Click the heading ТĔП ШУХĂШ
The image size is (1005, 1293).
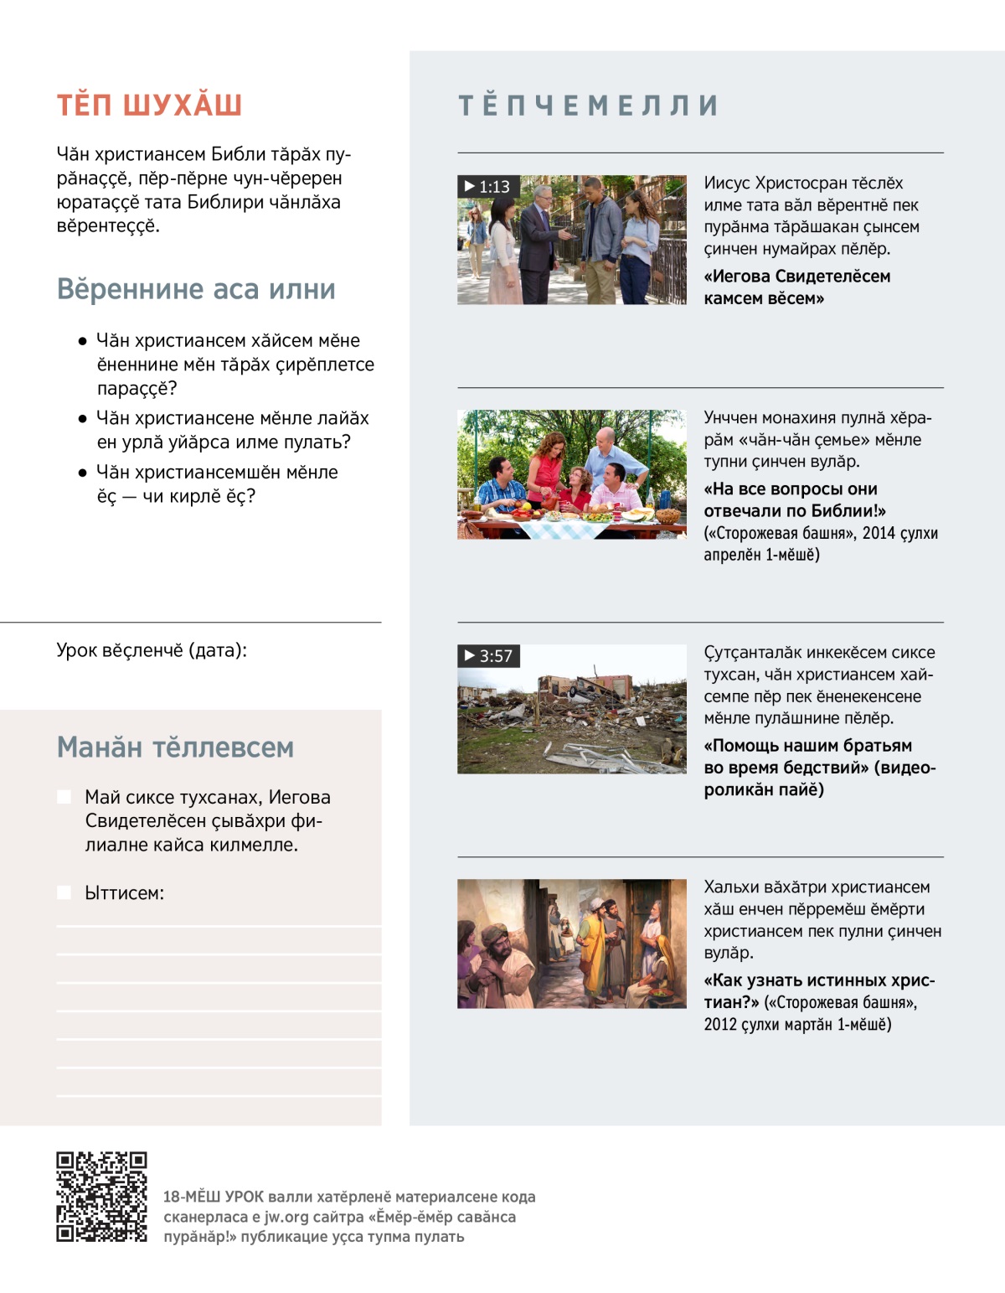(x=149, y=105)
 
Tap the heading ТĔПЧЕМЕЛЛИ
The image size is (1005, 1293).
(x=588, y=105)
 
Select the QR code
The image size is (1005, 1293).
(x=101, y=1196)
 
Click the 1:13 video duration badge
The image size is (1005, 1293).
(x=488, y=186)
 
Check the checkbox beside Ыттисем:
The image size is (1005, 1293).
(x=64, y=892)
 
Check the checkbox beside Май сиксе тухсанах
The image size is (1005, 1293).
(x=64, y=797)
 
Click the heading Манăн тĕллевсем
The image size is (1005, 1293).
(x=175, y=747)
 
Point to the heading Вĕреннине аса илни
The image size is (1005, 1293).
(x=196, y=289)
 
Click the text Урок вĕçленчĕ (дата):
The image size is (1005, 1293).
(x=152, y=650)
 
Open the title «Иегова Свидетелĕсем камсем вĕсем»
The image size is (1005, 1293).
(x=796, y=287)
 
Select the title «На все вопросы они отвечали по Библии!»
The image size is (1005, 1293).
(x=794, y=499)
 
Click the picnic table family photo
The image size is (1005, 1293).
(x=572, y=474)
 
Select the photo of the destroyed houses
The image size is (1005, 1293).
(x=572, y=709)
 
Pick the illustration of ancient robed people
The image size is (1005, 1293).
(x=572, y=944)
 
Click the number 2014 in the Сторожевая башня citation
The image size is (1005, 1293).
(x=878, y=533)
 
